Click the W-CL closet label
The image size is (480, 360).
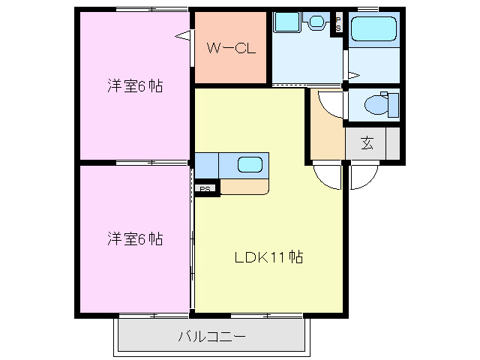(231, 49)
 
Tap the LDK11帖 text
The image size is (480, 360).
(268, 258)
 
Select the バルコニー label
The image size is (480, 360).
(211, 337)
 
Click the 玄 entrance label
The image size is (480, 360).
(367, 143)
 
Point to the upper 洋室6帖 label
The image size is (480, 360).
(133, 86)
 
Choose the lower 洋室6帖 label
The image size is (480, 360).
(133, 239)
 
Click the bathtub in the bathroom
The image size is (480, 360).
(374, 29)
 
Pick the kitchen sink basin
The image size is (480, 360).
(250, 164)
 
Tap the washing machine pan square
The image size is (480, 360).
(286, 22)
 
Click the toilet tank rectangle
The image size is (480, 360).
(393, 104)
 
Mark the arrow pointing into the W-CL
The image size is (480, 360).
(182, 34)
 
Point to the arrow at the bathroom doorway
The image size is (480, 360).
(353, 74)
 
